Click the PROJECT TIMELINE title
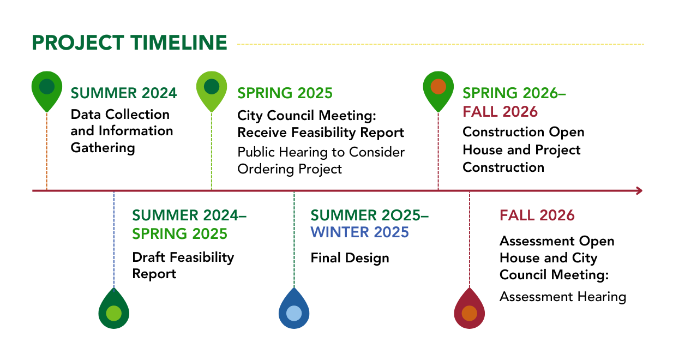(129, 43)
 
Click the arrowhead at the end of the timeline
(638, 191)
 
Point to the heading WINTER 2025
(359, 232)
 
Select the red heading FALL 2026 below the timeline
(537, 215)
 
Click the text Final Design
(350, 257)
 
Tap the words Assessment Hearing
(562, 297)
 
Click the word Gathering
(103, 148)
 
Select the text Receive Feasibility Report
(321, 133)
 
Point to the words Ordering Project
(290, 169)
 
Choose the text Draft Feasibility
(183, 257)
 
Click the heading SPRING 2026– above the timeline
(514, 93)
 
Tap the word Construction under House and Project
(503, 167)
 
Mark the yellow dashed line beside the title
(440, 44)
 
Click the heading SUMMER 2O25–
(369, 215)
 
